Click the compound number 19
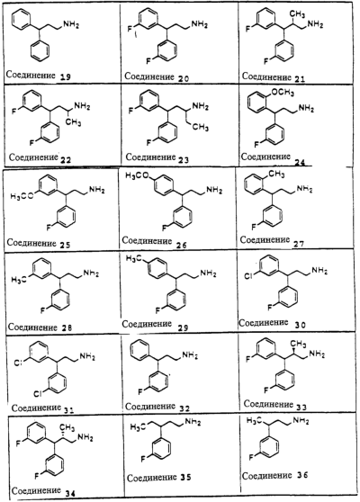pos(65,76)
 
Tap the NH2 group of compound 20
pos(199,24)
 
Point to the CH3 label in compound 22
pos(73,122)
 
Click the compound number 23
pos(183,159)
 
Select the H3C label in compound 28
pos(19,280)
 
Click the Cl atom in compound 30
pos(248,276)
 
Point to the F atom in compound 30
pos(270,308)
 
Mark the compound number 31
pos(68,410)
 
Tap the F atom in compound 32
pos(140,391)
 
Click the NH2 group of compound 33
pos(317,354)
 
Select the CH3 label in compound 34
pos(67,428)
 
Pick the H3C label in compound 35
pos(138,426)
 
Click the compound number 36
pos(301,475)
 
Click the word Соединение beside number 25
pos(31,242)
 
